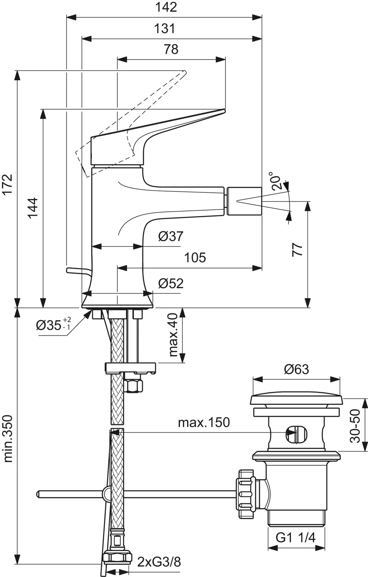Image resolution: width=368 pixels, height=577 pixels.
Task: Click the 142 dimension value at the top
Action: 166,7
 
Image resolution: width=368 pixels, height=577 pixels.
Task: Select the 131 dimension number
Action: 165,29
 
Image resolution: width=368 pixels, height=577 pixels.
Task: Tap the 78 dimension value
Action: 171,49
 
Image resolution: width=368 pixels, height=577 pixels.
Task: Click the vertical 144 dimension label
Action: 33,208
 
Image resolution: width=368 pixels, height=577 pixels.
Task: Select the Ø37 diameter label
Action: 171,236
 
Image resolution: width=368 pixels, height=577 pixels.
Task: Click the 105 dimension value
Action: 195,258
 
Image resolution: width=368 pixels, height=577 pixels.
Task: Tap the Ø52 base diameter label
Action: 171,284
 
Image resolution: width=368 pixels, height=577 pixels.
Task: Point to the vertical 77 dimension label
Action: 297,250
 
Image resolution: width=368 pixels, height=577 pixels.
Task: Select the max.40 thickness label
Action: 174,335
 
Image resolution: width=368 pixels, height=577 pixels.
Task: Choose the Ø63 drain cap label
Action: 296,369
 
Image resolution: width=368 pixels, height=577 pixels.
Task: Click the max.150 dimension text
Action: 204,423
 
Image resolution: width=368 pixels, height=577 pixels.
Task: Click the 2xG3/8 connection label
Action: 159,562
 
